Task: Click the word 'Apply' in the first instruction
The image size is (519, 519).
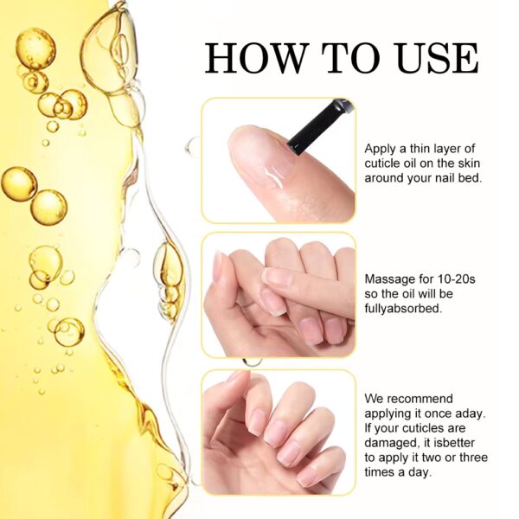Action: pos(381,148)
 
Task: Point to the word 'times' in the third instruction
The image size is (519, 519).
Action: pos(381,471)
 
